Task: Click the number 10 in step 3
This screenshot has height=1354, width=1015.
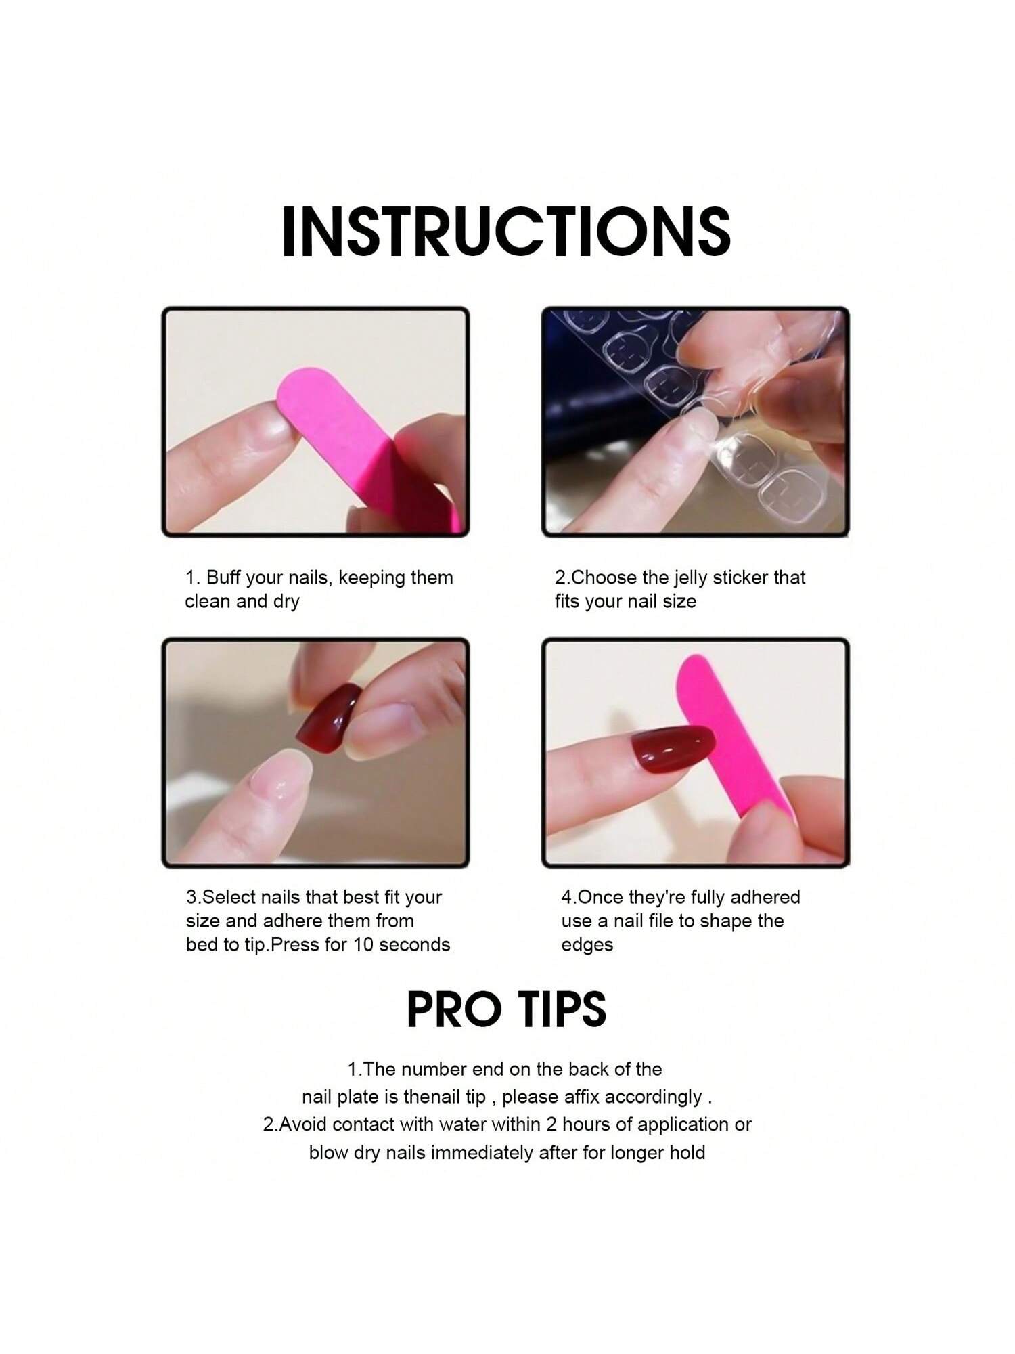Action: (x=364, y=944)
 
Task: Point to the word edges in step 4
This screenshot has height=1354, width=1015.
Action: (x=587, y=946)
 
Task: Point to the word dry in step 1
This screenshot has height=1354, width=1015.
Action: (x=286, y=602)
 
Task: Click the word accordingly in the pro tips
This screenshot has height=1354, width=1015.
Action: (x=652, y=1097)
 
